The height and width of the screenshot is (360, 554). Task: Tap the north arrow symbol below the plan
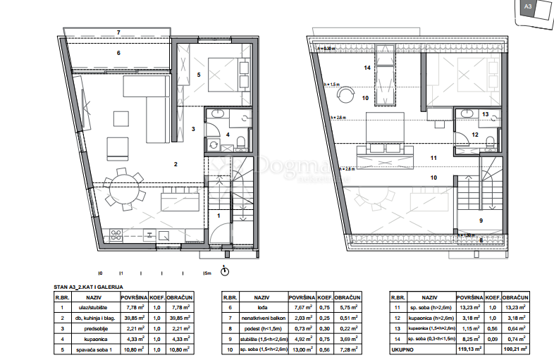225,271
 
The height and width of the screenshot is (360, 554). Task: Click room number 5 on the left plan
199,73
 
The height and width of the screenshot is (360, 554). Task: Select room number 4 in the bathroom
228,134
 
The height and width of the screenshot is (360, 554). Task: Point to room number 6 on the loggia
118,53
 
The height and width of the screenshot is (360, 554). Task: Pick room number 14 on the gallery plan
367,68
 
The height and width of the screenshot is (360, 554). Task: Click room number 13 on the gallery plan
485,114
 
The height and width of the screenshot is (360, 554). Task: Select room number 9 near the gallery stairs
481,221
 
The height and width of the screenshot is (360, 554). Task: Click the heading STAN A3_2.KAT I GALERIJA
89,287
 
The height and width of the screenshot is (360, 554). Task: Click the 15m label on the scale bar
207,273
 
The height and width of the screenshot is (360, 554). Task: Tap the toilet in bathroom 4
241,144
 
